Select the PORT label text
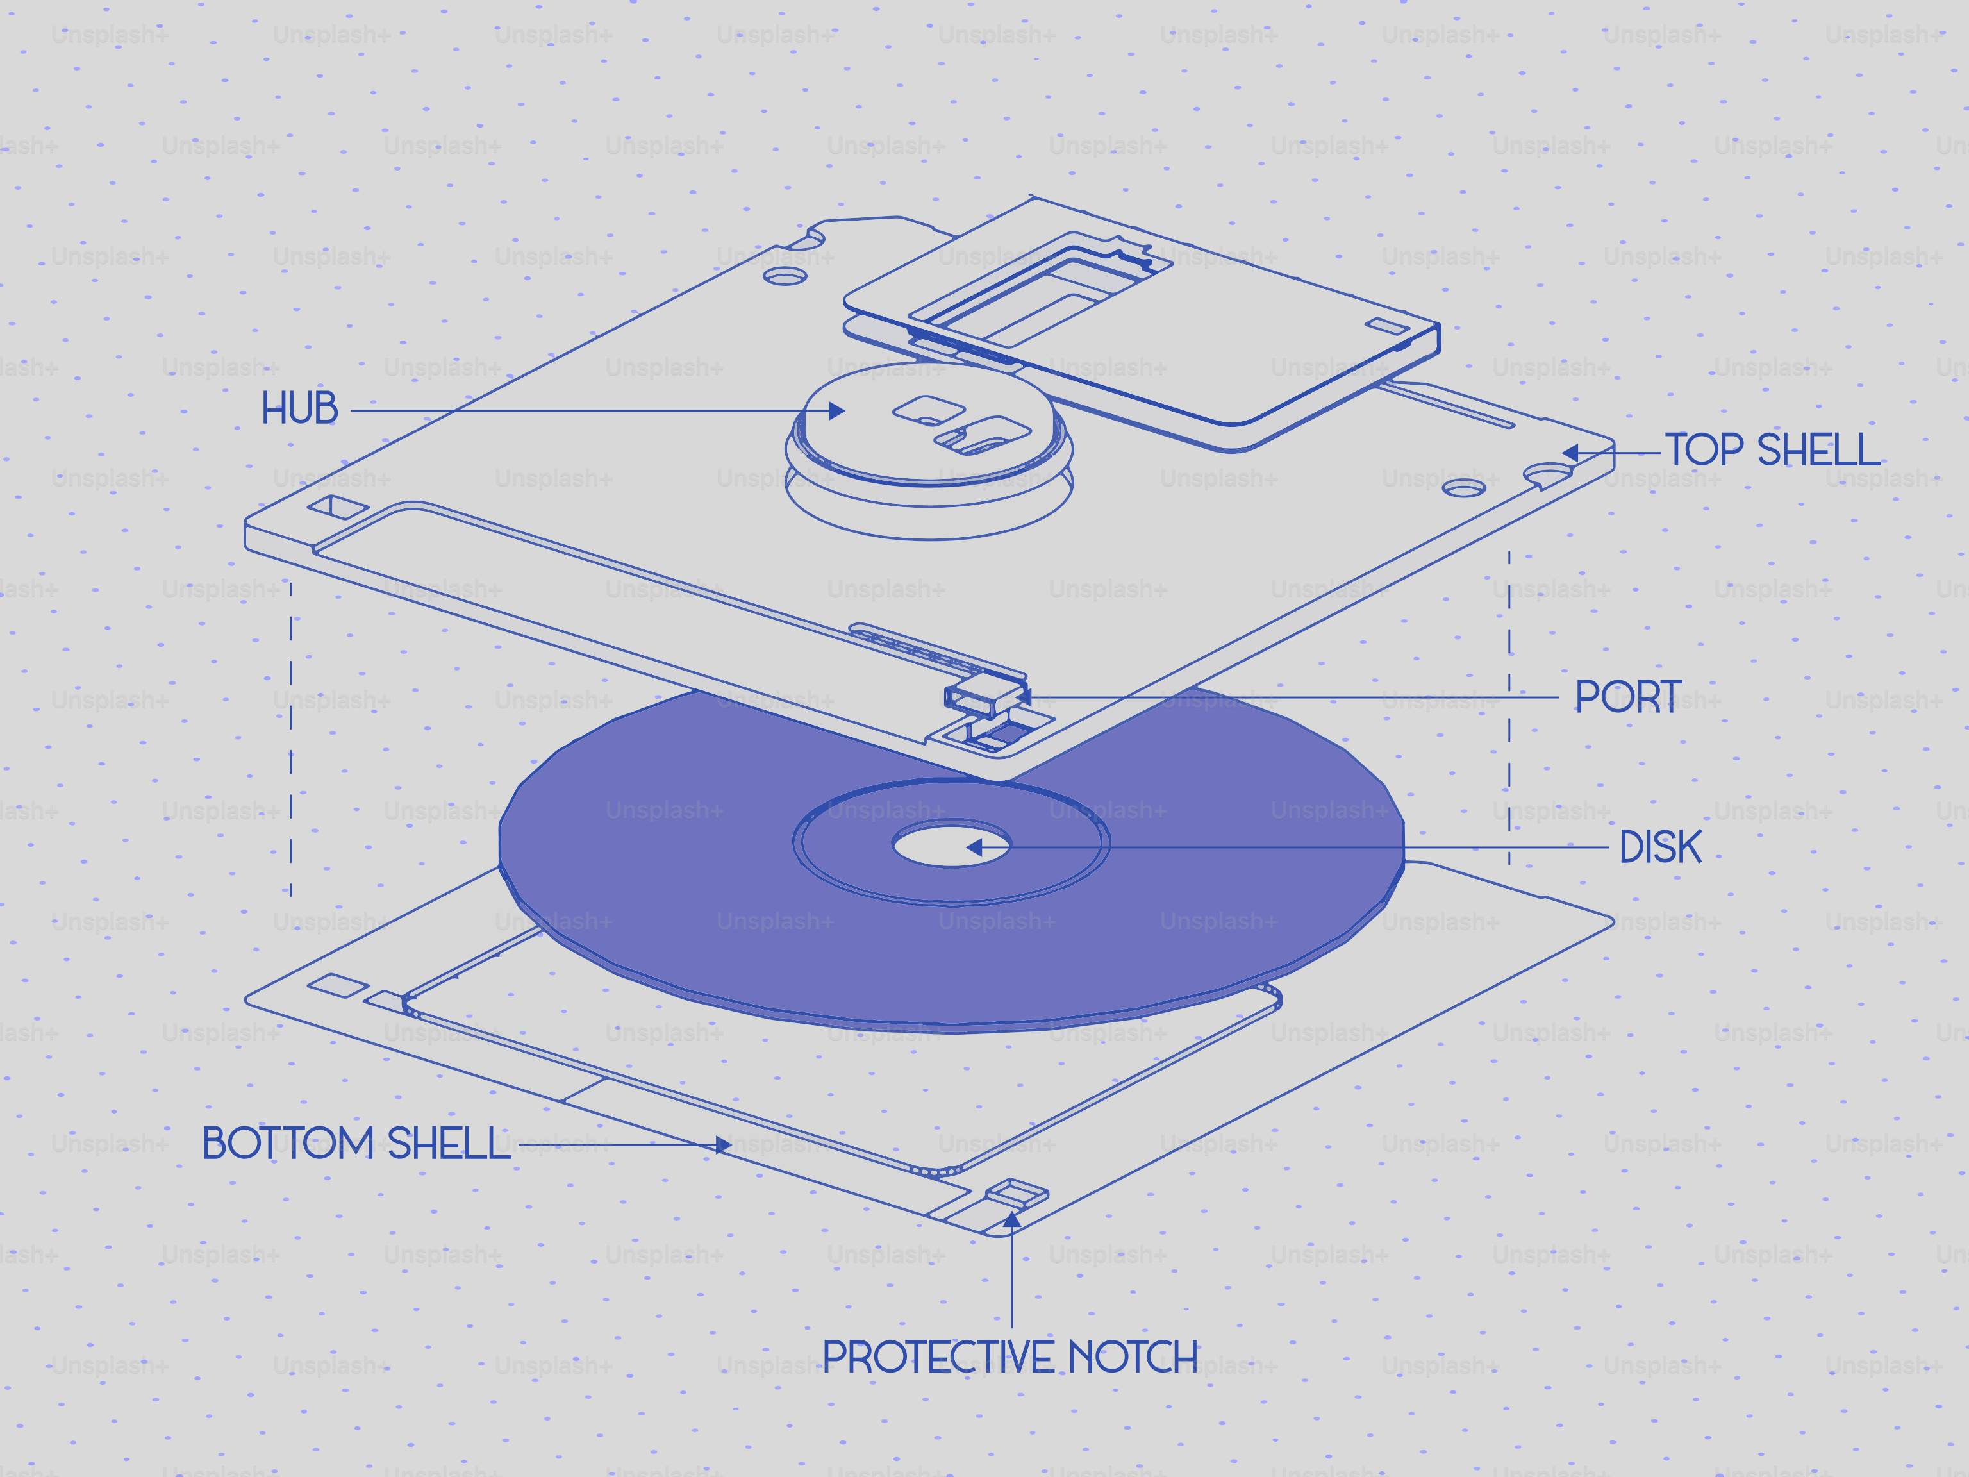tap(1628, 697)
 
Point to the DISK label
tap(1660, 847)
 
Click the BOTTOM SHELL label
tap(356, 1143)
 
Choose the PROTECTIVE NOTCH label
tap(1009, 1358)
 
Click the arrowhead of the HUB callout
tap(836, 410)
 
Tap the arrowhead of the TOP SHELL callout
tap(1570, 453)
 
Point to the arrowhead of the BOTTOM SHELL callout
tap(724, 1145)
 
